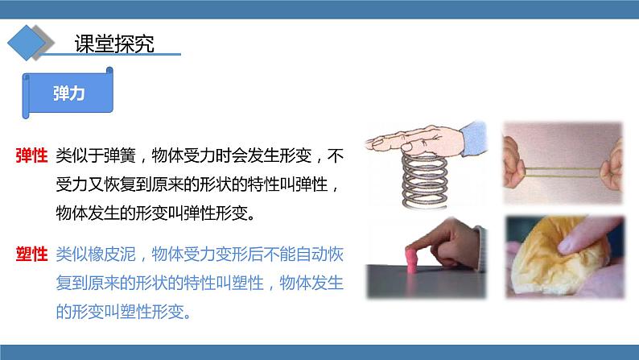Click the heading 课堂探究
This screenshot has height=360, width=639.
114,43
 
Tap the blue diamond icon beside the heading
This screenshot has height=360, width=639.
27,43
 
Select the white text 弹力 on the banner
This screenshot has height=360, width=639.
68,93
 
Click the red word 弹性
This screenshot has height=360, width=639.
31,155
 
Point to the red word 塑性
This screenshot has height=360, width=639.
31,254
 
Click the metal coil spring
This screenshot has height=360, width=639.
425,180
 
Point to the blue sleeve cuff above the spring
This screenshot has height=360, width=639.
473,139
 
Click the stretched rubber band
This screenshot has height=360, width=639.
563,172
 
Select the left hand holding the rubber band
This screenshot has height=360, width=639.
513,162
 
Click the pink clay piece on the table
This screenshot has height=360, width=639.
411,259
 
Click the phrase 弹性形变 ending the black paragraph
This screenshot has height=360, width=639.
215,213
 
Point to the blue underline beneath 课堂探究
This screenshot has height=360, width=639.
110,54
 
